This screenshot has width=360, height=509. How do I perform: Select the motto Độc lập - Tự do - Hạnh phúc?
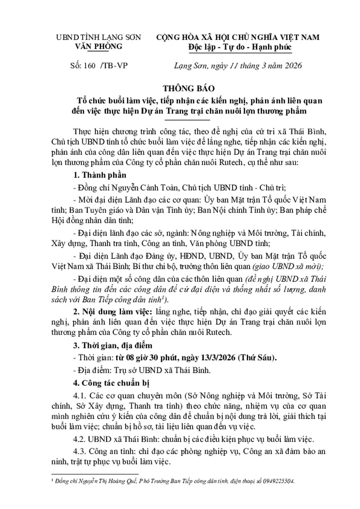point(240,47)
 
